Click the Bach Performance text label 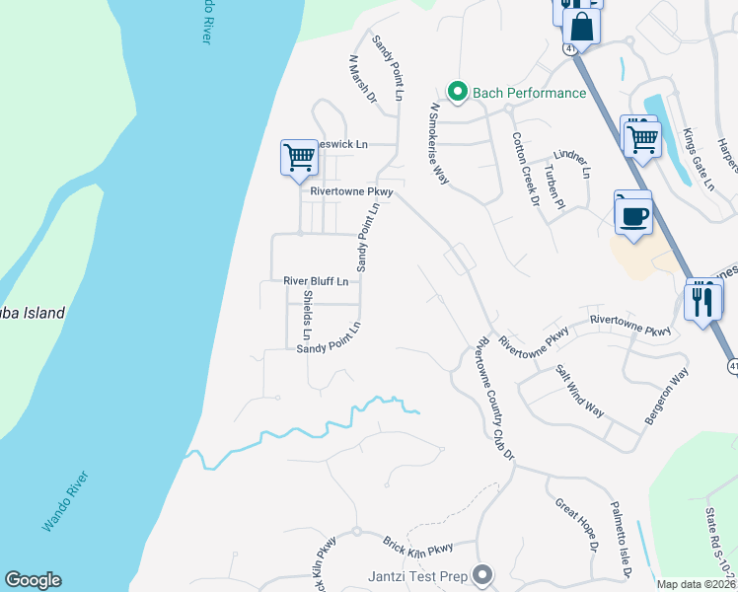(530, 93)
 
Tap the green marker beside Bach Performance (457, 92)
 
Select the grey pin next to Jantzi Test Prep (482, 573)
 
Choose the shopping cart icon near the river (299, 158)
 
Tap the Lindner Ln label (571, 162)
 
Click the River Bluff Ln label (316, 281)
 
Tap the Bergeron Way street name (666, 398)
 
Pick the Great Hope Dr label (574, 524)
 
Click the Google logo (33, 580)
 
